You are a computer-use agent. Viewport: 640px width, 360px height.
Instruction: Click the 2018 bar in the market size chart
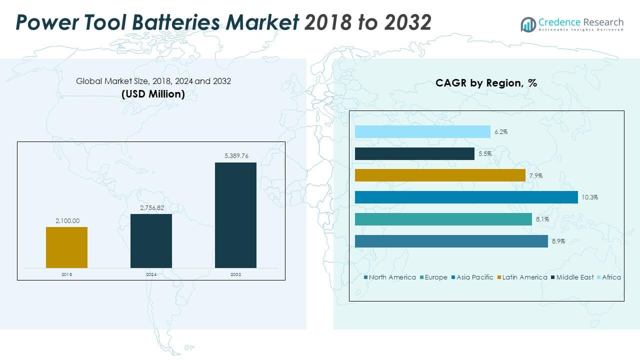tap(66, 247)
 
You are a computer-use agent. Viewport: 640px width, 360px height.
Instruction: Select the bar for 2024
tap(151, 241)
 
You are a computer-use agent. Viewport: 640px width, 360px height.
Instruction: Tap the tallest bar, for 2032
tap(235, 215)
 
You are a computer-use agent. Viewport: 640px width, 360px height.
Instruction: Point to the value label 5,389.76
tap(235, 155)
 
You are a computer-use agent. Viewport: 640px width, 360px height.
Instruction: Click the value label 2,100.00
tap(66, 220)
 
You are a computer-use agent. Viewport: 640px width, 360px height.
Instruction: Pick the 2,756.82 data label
tap(151, 207)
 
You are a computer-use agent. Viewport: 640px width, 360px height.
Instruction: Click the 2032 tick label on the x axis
tap(235, 274)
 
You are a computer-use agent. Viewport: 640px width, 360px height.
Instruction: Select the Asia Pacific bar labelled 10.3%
tap(466, 197)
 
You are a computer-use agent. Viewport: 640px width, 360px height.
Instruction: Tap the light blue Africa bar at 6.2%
tap(422, 132)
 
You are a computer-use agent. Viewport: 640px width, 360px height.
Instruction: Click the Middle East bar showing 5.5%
tap(414, 154)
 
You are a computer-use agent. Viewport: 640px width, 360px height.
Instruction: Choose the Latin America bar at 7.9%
tap(440, 175)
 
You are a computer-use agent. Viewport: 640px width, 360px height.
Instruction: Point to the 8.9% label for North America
tap(558, 241)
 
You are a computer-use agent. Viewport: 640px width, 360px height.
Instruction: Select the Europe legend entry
tap(436, 277)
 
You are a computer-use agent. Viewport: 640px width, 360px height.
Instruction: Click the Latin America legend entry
tap(524, 277)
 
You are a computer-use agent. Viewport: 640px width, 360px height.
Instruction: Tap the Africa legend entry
tap(611, 277)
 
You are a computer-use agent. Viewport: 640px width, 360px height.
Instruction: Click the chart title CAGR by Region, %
tap(486, 83)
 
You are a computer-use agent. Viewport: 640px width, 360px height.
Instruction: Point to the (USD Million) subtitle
tap(153, 93)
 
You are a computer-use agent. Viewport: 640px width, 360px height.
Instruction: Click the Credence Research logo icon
tap(528, 23)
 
